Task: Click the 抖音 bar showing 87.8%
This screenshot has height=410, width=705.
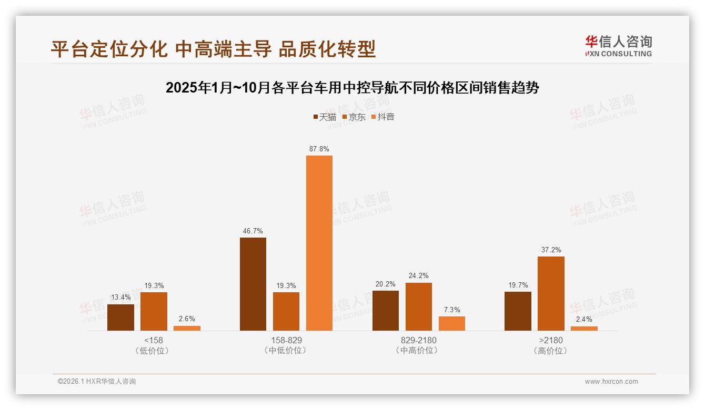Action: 319,243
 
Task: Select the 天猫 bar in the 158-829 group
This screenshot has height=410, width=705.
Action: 253,284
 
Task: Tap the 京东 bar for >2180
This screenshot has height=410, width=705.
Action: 551,293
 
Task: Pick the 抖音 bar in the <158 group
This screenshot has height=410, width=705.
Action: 187,328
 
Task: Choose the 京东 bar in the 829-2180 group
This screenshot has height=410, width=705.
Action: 418,306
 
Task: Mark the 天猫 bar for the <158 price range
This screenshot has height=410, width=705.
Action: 120,317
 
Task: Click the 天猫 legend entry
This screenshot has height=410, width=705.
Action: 325,117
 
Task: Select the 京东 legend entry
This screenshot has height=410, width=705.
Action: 354,117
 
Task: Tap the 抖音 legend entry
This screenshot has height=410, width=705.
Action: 383,117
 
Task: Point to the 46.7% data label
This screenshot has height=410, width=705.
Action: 253,231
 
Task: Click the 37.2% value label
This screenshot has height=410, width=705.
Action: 551,250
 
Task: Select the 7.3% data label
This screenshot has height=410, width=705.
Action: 451,310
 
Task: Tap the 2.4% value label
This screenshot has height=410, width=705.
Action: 584,319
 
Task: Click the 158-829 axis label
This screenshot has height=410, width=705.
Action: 286,340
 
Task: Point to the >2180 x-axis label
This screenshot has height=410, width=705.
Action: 550,340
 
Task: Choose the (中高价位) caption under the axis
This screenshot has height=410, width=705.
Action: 418,350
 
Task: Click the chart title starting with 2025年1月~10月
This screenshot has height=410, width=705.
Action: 352,88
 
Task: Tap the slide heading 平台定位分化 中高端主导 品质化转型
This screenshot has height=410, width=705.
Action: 213,49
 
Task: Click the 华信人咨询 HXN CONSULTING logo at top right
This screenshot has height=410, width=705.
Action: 618,46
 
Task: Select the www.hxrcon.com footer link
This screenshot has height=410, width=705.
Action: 611,382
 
